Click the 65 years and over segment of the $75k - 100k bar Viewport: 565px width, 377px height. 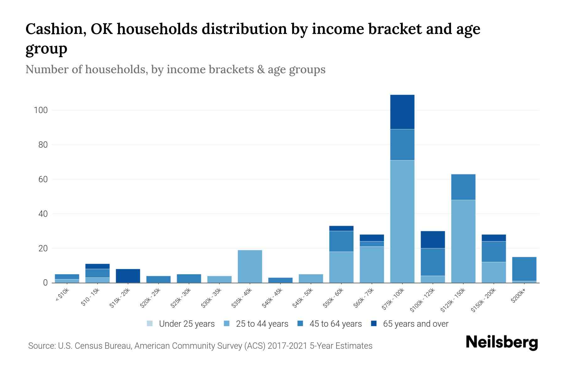click(402, 112)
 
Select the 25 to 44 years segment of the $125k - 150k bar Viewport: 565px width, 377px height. click(463, 241)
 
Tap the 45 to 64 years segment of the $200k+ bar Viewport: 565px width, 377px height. click(524, 269)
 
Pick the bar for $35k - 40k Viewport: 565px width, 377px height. click(250, 266)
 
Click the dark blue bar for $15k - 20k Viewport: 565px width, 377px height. click(128, 276)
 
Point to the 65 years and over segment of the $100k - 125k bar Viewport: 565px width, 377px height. click(433, 240)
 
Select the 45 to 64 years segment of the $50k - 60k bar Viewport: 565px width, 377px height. click(341, 241)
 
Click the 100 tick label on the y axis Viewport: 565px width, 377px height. click(40, 110)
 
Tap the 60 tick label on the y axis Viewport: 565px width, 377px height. click(43, 179)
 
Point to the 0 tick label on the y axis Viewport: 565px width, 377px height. click(46, 283)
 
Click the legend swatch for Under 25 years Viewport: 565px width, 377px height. click(150, 324)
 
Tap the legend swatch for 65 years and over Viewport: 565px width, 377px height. click(374, 324)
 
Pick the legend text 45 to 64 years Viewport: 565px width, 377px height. click(336, 324)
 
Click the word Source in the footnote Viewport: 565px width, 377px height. click(41, 346)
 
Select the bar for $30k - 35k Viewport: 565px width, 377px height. click(219, 279)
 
